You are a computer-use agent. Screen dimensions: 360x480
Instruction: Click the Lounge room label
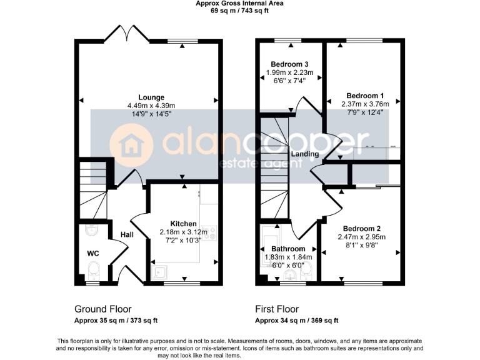151,97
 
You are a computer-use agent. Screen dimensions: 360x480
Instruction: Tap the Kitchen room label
184,224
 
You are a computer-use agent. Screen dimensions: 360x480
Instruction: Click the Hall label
127,234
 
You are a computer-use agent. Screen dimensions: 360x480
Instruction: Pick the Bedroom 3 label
289,64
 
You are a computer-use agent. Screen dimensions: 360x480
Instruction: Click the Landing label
304,154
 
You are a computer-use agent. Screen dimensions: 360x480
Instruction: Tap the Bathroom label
287,249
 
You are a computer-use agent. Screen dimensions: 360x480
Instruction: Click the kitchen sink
161,271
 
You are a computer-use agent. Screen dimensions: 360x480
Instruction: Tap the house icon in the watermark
131,145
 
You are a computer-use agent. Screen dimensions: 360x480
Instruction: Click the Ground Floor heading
99,309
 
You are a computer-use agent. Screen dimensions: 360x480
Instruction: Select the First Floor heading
277,309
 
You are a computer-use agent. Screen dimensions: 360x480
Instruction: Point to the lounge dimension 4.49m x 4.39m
151,106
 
